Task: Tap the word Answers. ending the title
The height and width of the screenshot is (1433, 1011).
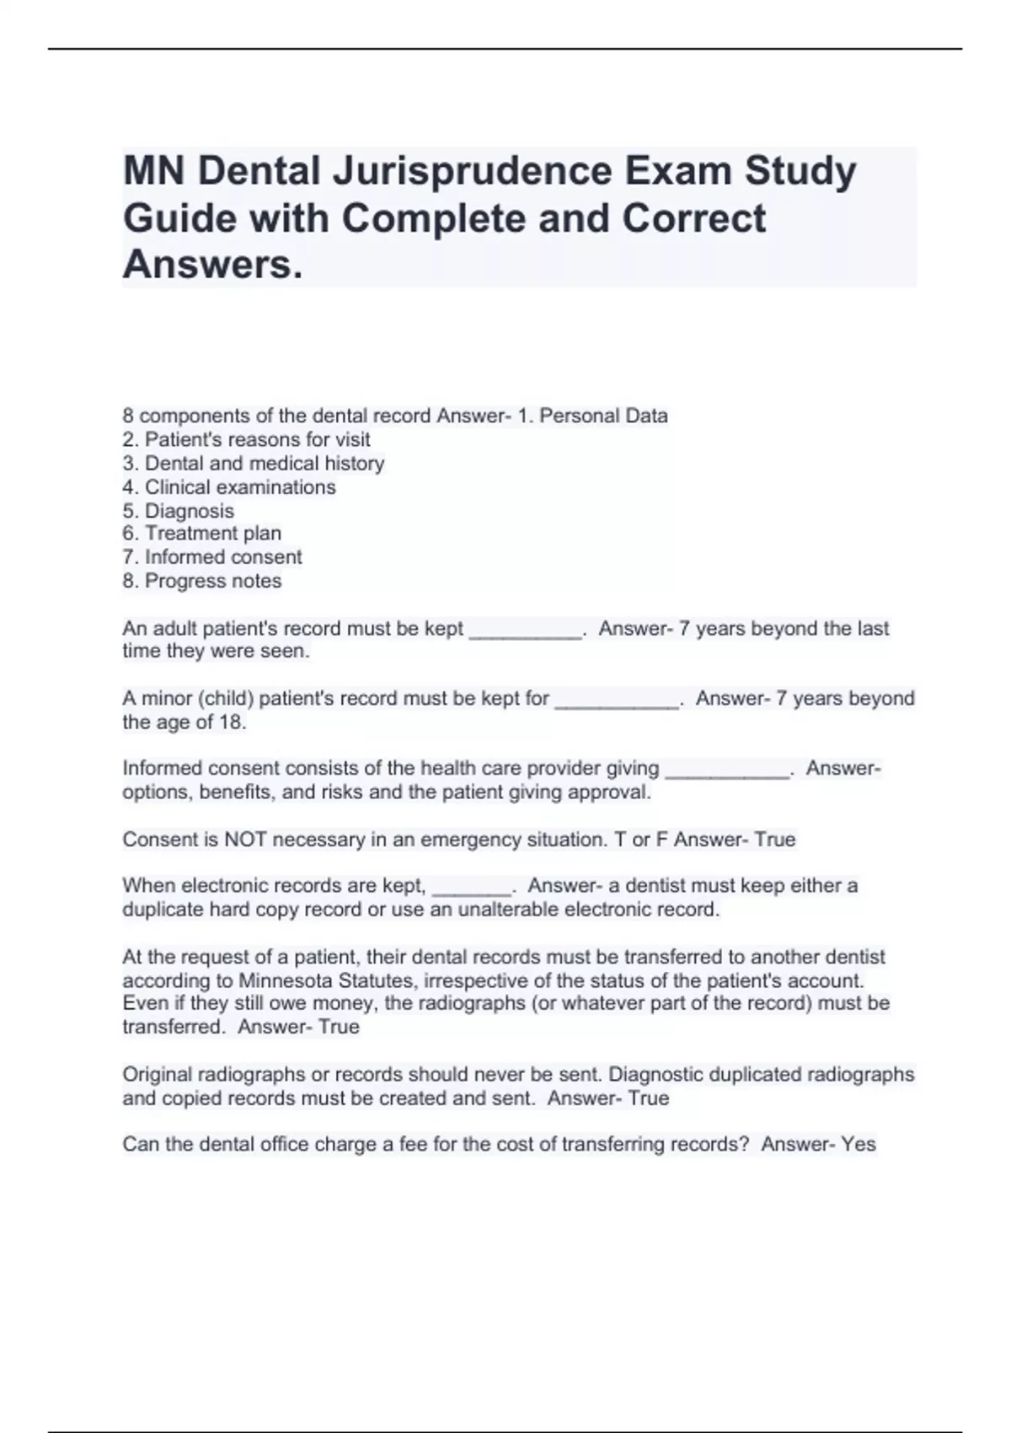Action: coord(212,265)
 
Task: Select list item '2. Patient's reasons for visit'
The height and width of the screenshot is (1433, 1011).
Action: coord(246,439)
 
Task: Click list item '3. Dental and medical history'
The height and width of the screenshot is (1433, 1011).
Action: coord(253,463)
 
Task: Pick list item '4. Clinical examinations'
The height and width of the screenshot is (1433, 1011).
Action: coord(228,486)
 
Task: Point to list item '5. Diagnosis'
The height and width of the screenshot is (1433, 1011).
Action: coord(178,511)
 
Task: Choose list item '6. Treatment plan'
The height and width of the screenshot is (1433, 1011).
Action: coord(201,533)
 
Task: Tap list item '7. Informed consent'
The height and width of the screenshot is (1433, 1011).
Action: coord(211,556)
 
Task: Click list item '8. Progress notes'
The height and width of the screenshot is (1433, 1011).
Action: coord(201,581)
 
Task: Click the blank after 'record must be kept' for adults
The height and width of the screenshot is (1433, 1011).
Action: coord(525,632)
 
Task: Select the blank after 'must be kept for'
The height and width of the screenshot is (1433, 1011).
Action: coord(617,702)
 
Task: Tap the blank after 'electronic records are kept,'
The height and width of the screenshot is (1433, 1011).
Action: coord(472,889)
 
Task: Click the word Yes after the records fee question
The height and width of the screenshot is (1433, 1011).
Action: coord(859,1144)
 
